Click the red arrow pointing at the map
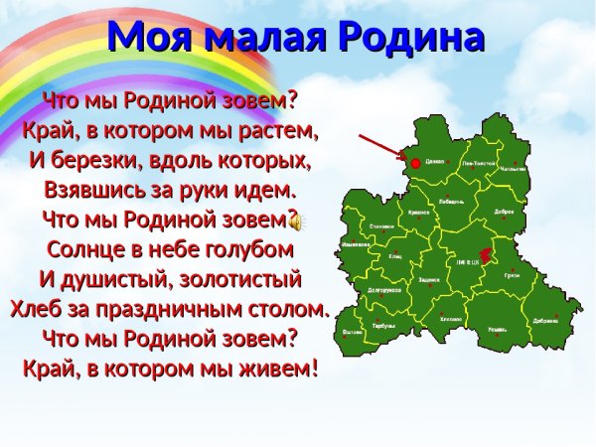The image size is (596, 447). click(378, 146)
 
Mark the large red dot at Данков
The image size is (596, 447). click(415, 162)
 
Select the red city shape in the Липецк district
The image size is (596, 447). click(486, 253)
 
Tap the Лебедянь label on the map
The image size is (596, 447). click(450, 200)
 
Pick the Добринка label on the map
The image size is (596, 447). click(545, 321)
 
